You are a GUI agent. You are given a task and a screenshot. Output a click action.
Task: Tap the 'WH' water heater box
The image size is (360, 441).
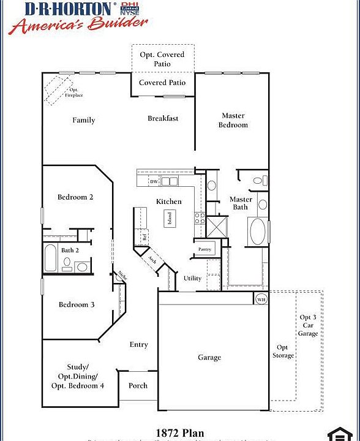tap(261, 300)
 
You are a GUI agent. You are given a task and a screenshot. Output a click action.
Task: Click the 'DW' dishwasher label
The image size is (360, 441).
tap(154, 182)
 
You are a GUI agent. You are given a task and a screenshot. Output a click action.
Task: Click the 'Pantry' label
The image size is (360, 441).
tap(204, 249)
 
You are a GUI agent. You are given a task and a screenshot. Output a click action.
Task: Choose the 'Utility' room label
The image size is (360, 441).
tap(192, 278)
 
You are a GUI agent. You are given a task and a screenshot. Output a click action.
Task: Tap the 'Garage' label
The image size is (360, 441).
tap(209, 357)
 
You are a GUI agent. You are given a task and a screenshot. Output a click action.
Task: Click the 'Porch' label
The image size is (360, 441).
tap(138, 386)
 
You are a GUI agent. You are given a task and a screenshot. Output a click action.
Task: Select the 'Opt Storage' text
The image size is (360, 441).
tap(283, 351)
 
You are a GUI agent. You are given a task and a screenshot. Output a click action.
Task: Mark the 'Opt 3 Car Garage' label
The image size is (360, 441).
tap(308, 325)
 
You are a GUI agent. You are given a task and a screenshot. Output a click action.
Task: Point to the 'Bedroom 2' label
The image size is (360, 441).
tap(75, 197)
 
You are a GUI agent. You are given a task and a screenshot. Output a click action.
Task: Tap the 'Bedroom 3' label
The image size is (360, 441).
tap(77, 304)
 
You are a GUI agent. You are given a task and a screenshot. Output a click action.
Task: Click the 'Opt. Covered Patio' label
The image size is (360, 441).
tap(162, 59)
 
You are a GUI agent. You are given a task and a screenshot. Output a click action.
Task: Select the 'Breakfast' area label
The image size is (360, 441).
tap(163, 118)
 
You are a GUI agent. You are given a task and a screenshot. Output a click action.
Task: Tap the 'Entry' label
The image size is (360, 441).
tap(139, 344)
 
